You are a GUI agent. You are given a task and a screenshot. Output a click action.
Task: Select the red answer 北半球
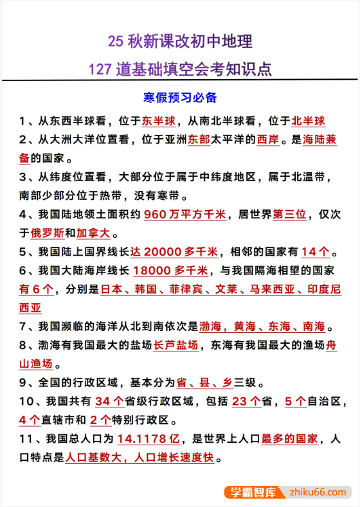coord(309,121)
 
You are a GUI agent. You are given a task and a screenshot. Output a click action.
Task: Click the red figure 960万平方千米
coord(184,215)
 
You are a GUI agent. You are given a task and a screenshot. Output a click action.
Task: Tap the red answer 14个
coord(318,252)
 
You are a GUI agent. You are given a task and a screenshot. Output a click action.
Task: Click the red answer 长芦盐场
coord(175,345)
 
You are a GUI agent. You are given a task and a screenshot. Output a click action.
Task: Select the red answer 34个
coord(109,402)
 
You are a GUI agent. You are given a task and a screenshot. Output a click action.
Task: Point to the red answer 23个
coord(246,402)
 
